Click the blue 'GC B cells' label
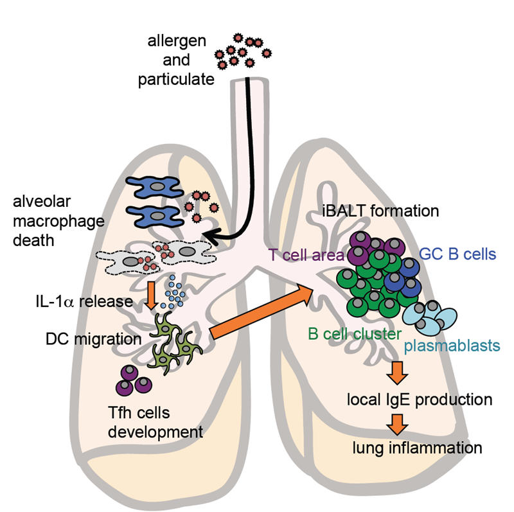point(457,253)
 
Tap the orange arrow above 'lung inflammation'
point(398,423)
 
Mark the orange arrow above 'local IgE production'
point(397,372)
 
